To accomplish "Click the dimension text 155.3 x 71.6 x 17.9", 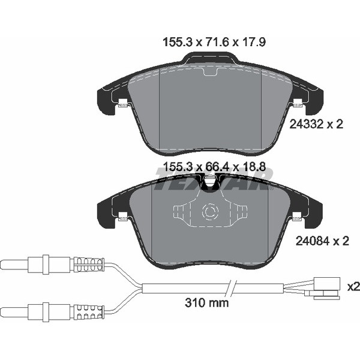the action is (214, 43).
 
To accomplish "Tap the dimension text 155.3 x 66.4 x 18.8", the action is (214, 167).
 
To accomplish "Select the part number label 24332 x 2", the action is (316, 124).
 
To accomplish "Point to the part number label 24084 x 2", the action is (322, 241).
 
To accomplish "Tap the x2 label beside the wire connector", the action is (354, 287).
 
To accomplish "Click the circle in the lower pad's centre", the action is (209, 211).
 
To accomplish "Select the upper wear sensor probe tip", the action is (14, 265).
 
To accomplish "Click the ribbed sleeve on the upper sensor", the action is (89, 265).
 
